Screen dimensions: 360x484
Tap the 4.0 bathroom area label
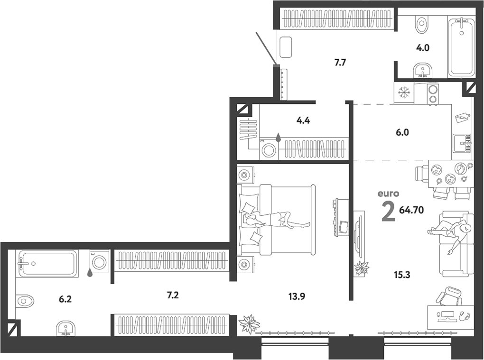(423, 48)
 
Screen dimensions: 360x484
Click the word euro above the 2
(388, 194)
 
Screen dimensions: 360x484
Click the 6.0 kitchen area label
(402, 133)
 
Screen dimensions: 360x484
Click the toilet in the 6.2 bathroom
(25, 300)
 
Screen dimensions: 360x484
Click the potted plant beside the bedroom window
(249, 324)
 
